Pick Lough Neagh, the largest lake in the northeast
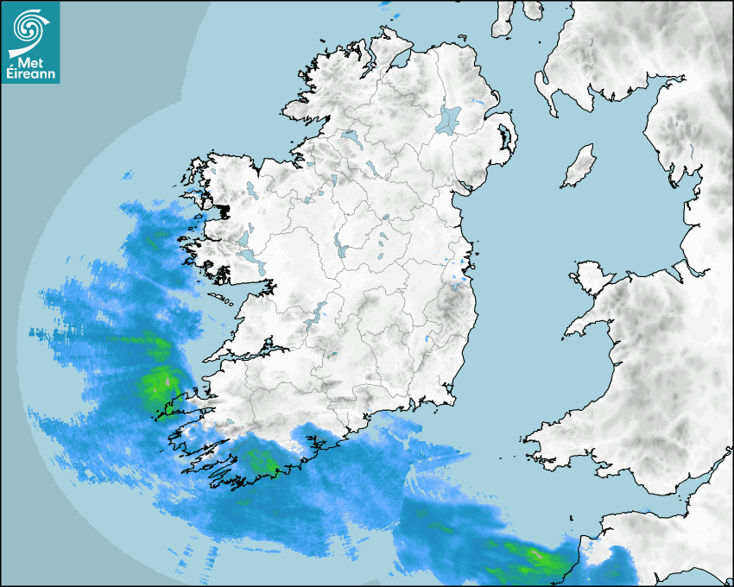click(449, 118)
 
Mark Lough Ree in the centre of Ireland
click(342, 250)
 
